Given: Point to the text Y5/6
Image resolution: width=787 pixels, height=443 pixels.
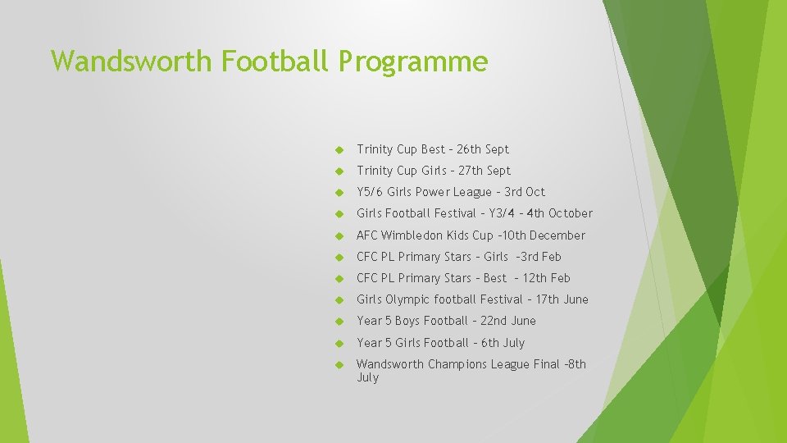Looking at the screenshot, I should click(x=371, y=192).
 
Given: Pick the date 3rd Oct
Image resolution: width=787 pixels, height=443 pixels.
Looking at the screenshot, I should click(x=525, y=192).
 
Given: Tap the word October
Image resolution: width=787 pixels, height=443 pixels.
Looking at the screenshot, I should click(x=571, y=213).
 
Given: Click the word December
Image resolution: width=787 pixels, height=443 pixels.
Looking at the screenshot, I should click(x=559, y=235).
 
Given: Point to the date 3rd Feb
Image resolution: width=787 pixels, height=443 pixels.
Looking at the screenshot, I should click(x=540, y=257).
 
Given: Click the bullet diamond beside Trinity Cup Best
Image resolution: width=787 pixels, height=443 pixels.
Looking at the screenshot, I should click(x=338, y=150).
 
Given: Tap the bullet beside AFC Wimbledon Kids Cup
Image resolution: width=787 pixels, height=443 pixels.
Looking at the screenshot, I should click(x=338, y=236).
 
